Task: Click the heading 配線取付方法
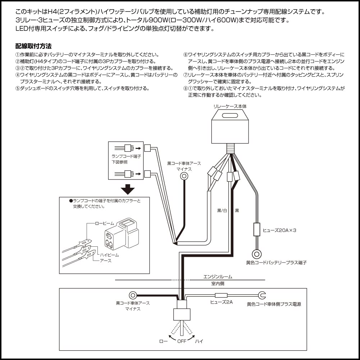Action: click(33, 46)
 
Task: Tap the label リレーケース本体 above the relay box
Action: click(230, 106)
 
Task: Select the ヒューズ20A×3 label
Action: click(279, 230)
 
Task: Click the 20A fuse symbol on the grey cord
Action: click(257, 229)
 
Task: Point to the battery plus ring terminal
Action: click(257, 254)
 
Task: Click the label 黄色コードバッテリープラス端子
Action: click(276, 263)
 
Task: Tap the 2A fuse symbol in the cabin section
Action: click(221, 296)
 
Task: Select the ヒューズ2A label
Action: click(221, 302)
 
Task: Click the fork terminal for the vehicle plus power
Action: click(262, 296)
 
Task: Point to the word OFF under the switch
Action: click(182, 341)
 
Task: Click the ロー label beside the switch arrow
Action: click(163, 341)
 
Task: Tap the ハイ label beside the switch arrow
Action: click(199, 341)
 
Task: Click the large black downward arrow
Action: click(128, 189)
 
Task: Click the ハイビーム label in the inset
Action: click(109, 255)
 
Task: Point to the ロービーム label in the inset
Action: click(104, 223)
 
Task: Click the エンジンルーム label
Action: click(218, 277)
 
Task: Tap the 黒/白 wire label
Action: click(222, 210)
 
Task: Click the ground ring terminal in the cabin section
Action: click(133, 296)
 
